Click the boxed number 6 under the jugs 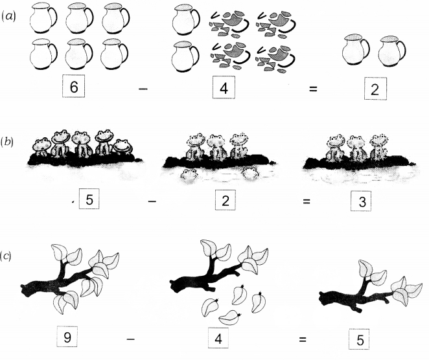pos(73,86)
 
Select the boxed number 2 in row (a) pos(375,89)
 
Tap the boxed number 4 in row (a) pos(224,87)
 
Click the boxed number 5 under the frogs pos(89,199)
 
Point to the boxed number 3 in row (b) pos(361,201)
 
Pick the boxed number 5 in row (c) pos(359,339)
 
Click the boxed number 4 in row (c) pos(218,338)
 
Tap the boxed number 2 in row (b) pos(225,200)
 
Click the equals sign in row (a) pos(313,89)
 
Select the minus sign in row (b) pos(152,202)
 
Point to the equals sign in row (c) pos(303,339)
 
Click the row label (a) pos(8,16)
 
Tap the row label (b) pos(6,142)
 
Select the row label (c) pos(6,256)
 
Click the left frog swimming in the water pos(189,174)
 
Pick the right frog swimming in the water pos(250,173)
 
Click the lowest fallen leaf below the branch pos(230,318)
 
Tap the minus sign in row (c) pos(131,339)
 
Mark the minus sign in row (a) pos(143,89)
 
